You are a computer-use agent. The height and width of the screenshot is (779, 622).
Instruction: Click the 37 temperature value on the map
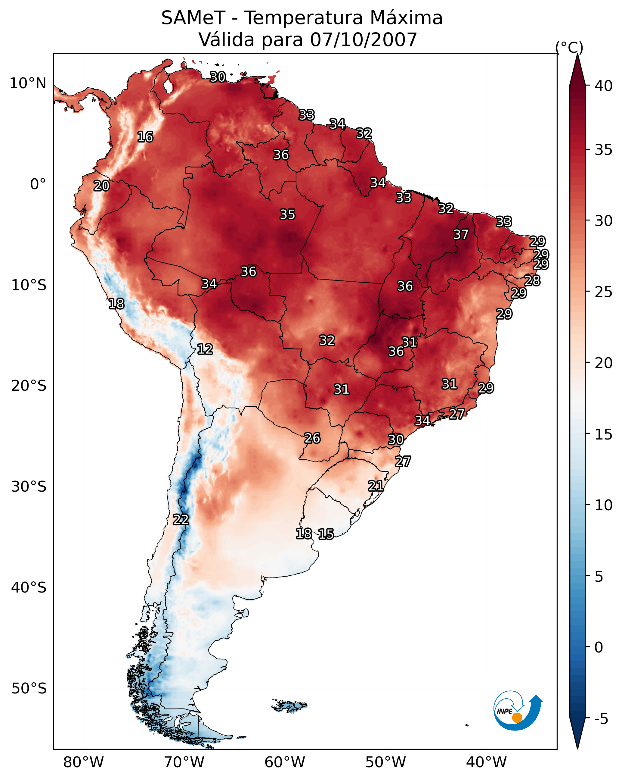coord(461,234)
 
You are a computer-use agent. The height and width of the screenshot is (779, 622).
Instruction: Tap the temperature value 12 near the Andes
coord(205,349)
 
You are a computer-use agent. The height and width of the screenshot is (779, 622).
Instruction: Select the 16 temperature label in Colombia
coord(145,137)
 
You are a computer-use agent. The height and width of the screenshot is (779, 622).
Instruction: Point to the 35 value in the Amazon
coord(287,214)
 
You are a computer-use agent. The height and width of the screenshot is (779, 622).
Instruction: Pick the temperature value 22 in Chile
coord(181,520)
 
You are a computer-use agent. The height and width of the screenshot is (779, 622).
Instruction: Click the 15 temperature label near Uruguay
coord(326,534)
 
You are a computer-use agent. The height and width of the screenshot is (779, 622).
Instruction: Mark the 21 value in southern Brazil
coord(376,486)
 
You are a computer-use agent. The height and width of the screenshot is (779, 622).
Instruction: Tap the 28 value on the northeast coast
coord(532,280)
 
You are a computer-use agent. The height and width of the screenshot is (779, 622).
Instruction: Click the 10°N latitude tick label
coord(28,83)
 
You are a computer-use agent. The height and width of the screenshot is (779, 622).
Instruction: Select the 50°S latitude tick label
coord(29,689)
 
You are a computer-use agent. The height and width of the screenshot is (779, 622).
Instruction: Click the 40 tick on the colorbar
coord(604,86)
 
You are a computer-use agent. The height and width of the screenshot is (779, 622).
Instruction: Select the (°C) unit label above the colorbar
coord(569,47)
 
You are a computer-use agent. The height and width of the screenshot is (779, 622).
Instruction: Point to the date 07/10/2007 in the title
coord(364,40)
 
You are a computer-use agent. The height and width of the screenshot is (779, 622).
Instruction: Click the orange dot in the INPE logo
coord(517,718)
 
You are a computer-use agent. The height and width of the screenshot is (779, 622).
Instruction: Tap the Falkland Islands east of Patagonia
coord(290,705)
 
